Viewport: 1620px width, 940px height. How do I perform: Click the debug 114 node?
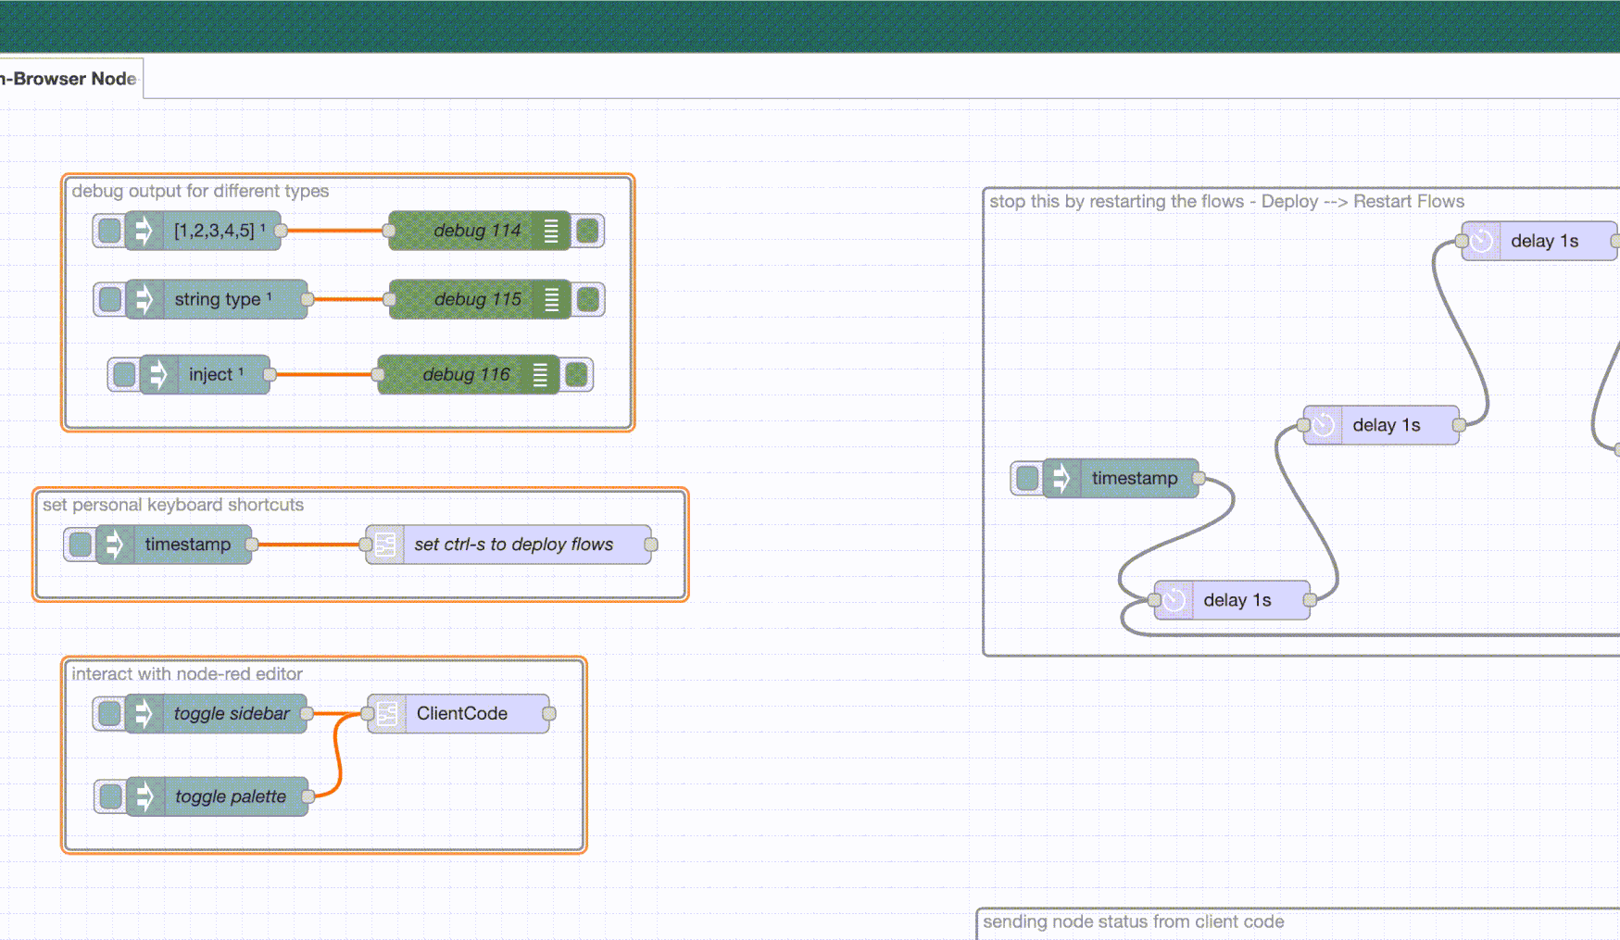[x=476, y=231]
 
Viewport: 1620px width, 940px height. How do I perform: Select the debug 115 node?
[x=477, y=299]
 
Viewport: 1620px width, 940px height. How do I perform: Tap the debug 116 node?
[x=466, y=375]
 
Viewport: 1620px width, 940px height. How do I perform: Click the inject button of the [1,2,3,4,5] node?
[x=109, y=231]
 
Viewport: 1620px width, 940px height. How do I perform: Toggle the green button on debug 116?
[x=576, y=375]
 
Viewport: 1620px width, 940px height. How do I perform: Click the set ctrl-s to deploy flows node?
[x=513, y=545]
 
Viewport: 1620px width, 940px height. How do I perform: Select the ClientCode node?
[x=461, y=714]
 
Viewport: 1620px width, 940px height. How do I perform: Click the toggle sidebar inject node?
[x=231, y=714]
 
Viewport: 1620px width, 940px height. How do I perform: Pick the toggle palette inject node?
[x=230, y=796]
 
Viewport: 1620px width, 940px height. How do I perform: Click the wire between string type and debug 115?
[x=348, y=299]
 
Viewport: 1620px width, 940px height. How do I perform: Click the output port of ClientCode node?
[x=549, y=714]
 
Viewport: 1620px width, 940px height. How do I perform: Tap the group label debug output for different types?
[x=200, y=191]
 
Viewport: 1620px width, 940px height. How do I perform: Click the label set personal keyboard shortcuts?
[x=173, y=505]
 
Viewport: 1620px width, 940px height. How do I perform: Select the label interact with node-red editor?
[x=187, y=674]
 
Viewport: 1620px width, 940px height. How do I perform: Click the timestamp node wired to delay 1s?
[x=1134, y=479]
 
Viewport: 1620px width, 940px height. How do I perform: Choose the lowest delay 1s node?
[x=1237, y=600]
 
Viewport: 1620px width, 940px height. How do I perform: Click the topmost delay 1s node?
[x=1544, y=241]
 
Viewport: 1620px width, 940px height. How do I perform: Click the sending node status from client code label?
[x=1133, y=921]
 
